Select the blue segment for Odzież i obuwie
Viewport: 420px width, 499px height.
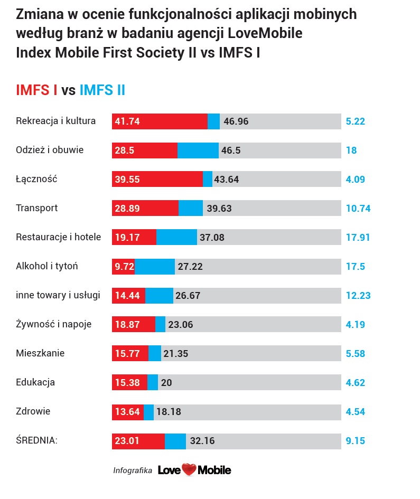pyautogui.click(x=198, y=150)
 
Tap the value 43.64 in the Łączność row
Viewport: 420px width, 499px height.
pyautogui.click(x=226, y=180)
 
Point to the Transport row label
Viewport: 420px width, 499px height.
pyautogui.click(x=37, y=208)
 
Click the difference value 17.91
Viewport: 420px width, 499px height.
pyautogui.click(x=358, y=238)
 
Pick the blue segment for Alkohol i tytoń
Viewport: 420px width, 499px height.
pyautogui.click(x=155, y=267)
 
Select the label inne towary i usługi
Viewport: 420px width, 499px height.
pyautogui.click(x=58, y=295)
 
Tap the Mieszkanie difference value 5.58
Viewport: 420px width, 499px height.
pyautogui.click(x=356, y=354)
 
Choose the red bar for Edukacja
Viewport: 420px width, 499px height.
pyautogui.click(x=129, y=382)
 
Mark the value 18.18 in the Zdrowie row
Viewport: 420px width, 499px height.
pyautogui.click(x=169, y=412)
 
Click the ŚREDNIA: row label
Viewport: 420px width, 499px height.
pyautogui.click(x=36, y=440)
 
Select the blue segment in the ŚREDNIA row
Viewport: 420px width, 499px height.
pyautogui.click(x=175, y=441)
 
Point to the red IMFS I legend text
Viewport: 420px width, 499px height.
pyautogui.click(x=36, y=90)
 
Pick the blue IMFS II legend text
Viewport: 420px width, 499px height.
pyautogui.click(x=102, y=90)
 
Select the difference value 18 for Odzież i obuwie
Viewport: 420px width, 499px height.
pyautogui.click(x=351, y=150)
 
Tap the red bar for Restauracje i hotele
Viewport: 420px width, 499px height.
pyautogui.click(x=134, y=238)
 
